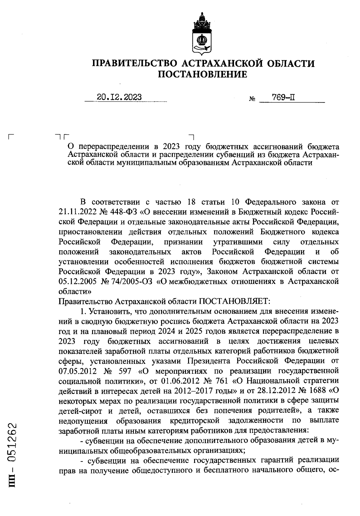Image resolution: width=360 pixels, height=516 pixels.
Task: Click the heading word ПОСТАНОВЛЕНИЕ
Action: [x=203, y=74]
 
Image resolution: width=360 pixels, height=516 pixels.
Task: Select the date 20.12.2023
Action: [x=119, y=97]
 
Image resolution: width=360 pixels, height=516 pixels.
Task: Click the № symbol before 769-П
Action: [x=252, y=99]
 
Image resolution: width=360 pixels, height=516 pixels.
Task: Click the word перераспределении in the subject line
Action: [x=118, y=147]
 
